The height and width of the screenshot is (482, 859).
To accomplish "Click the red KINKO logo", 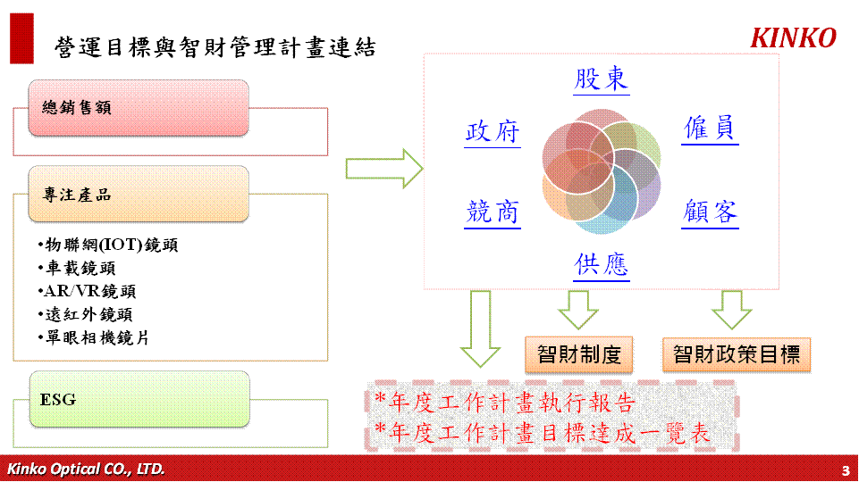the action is [793, 38].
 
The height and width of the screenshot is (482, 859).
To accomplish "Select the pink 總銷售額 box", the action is [139, 108].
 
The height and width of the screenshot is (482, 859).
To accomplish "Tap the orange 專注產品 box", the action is [139, 195].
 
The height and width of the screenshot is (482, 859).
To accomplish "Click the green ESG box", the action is [139, 399].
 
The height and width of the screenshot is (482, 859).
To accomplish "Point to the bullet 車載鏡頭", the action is [77, 268].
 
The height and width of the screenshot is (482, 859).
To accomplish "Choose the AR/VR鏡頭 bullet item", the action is [87, 291].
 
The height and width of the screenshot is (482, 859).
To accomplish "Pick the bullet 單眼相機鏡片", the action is [94, 337].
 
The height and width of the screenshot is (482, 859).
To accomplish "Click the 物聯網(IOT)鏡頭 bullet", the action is [108, 245].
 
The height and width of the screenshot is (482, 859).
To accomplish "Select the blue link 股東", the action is [601, 79].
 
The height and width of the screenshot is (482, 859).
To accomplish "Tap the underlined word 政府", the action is [492, 132].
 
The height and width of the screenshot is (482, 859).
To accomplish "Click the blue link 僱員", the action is [710, 129].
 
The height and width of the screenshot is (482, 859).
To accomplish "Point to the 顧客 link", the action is [710, 212].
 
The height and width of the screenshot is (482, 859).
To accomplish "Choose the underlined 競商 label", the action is [492, 212].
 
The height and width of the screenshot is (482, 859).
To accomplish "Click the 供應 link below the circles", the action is [601, 266].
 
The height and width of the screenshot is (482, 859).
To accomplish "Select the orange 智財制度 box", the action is [579, 354].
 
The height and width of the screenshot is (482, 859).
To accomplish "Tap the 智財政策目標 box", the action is [737, 354].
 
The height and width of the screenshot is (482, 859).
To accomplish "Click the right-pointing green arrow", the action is [384, 169].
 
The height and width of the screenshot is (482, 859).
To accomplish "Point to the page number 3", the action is [846, 470].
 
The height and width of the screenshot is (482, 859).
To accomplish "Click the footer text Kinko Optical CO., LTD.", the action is [86, 469].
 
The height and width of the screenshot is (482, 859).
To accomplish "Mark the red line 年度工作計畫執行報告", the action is [504, 403].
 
